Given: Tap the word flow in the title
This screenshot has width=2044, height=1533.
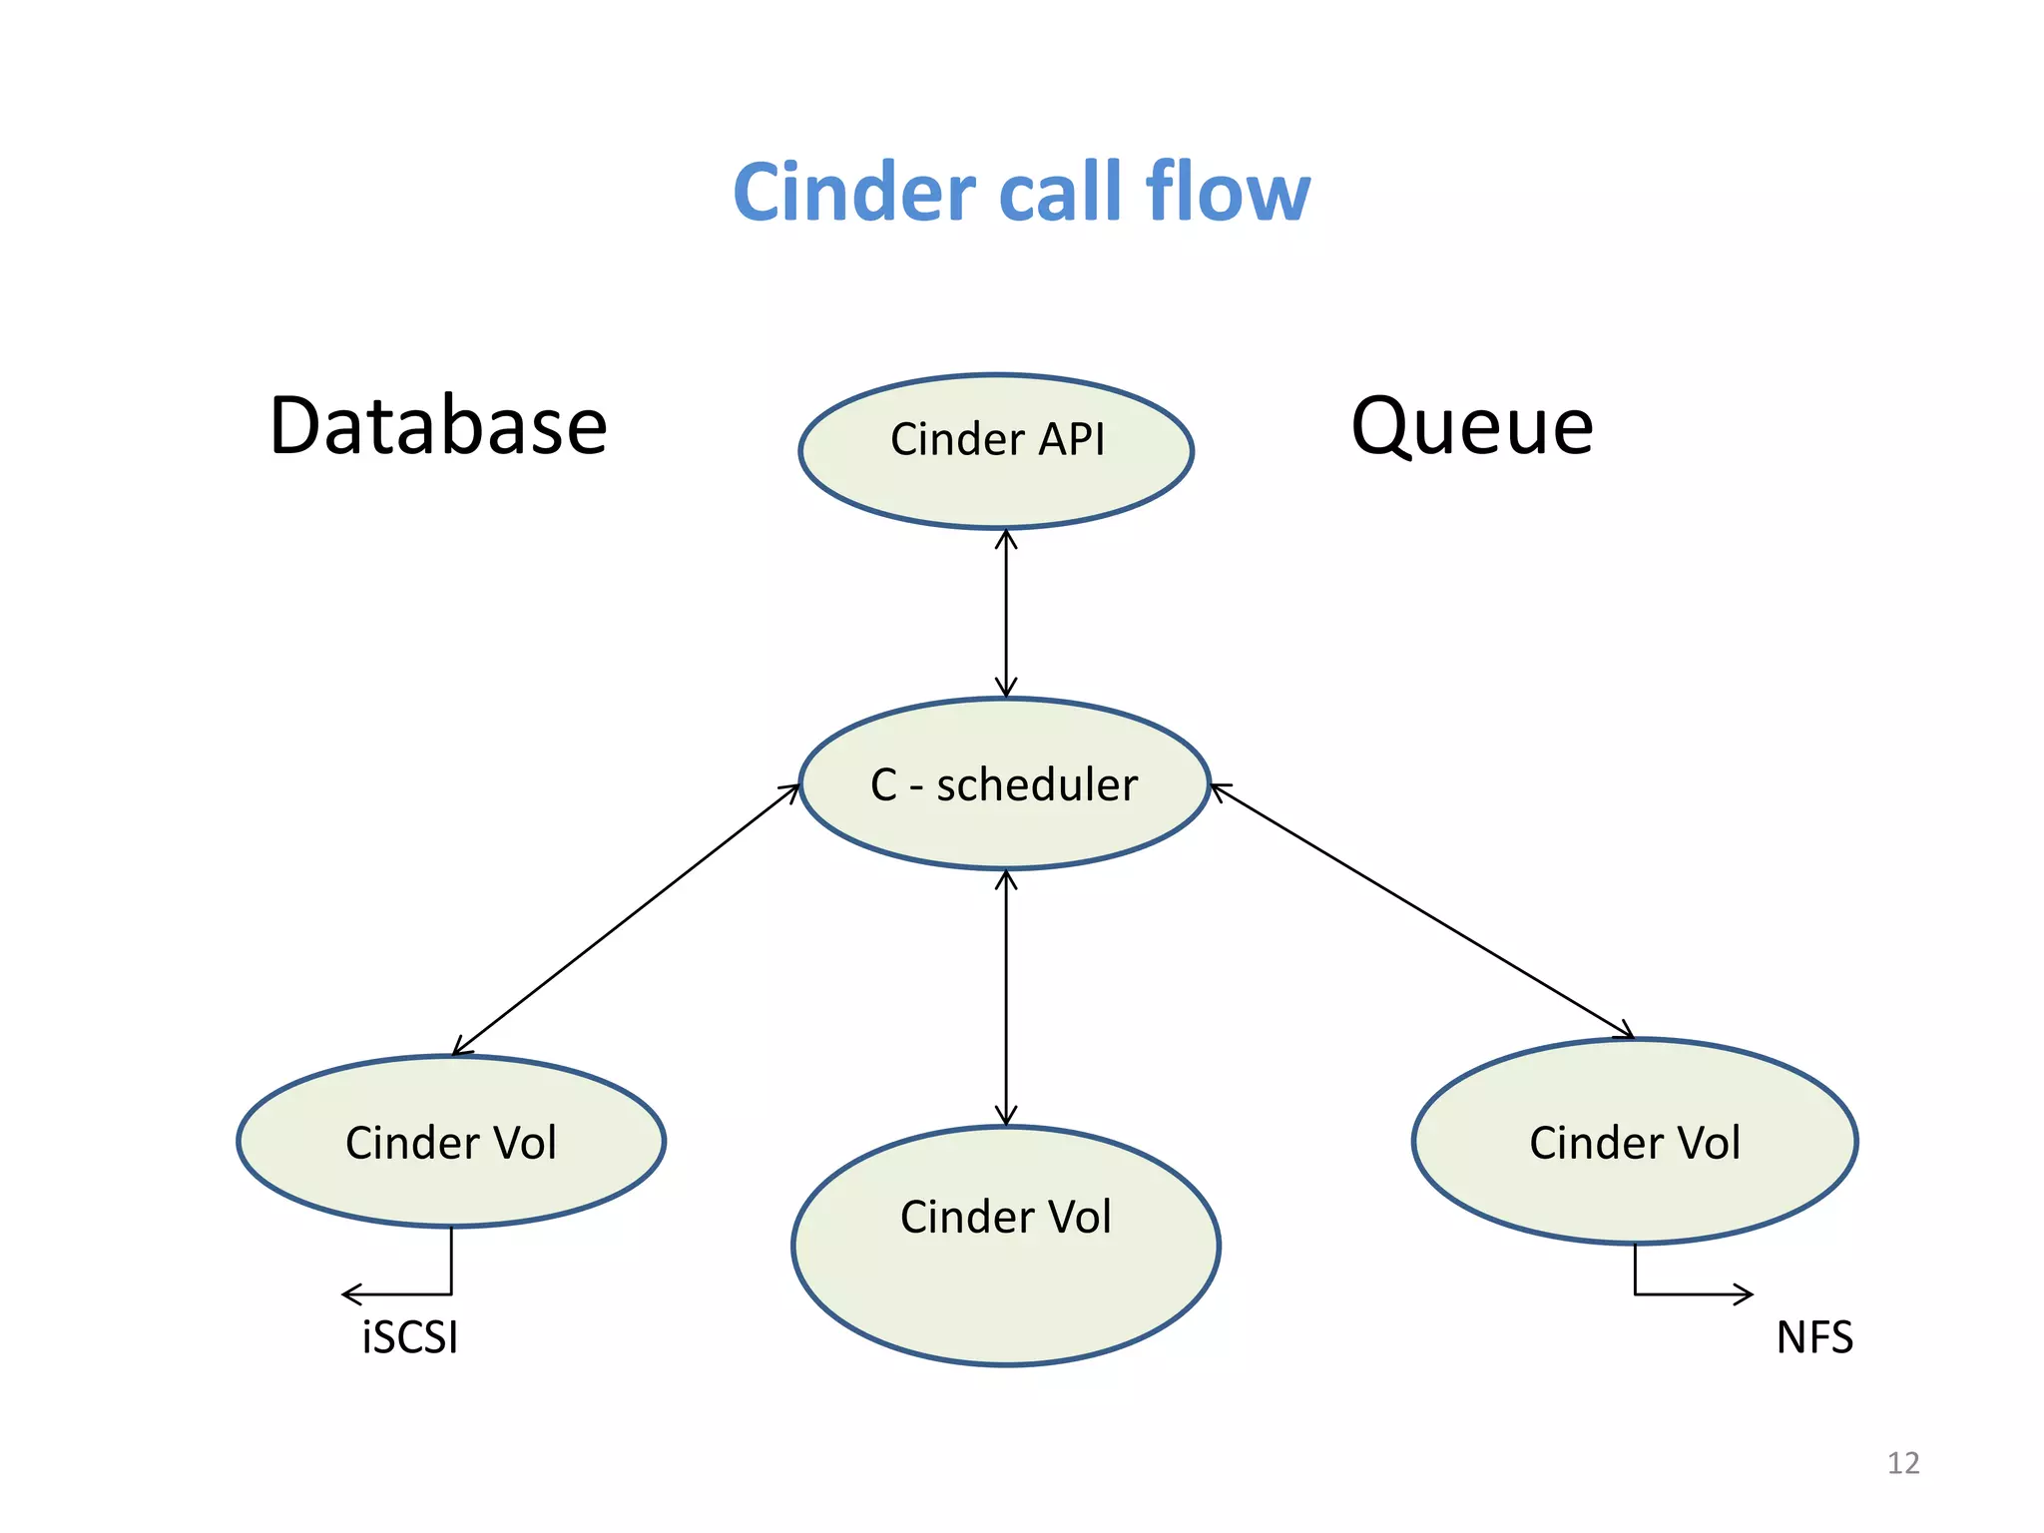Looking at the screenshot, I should (1228, 192).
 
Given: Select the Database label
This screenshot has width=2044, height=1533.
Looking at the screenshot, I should (438, 427).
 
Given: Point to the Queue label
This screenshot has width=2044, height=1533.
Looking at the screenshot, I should (1472, 427).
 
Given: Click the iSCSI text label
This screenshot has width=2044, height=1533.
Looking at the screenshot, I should (410, 1337).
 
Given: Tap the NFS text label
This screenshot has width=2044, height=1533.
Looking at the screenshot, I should (1814, 1337).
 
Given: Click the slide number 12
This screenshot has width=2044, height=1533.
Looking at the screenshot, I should (1903, 1463).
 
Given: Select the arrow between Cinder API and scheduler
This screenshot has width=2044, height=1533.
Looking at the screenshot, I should (1006, 614).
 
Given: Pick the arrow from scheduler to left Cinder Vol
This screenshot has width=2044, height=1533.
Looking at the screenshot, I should (627, 919).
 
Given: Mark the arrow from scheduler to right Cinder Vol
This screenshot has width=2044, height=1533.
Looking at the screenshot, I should (1422, 911).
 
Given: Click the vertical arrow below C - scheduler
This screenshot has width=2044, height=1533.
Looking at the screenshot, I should (1006, 998).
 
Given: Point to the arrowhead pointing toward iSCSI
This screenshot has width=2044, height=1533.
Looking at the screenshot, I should (349, 1294).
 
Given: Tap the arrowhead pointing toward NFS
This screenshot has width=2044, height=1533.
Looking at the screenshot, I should (1745, 1294).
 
